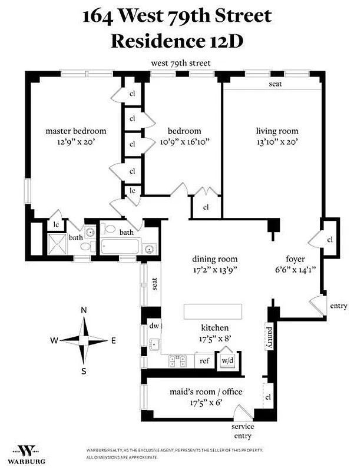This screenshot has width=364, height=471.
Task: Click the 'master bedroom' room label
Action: [75, 131]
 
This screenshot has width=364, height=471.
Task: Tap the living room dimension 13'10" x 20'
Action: [277, 141]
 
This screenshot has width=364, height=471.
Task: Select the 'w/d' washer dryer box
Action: [227, 360]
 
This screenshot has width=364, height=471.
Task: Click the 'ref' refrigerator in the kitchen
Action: [204, 361]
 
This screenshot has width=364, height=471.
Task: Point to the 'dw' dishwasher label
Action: [155, 325]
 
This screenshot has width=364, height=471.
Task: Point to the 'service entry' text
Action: [242, 431]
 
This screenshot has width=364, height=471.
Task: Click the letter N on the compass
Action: [84, 310]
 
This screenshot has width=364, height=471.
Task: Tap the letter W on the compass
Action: [54, 340]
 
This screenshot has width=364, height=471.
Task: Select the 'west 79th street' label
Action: [181, 63]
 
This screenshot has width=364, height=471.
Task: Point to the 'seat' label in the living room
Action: [275, 84]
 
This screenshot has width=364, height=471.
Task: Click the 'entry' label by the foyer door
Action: [339, 306]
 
